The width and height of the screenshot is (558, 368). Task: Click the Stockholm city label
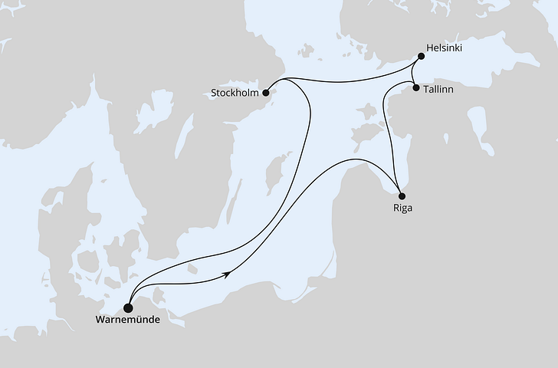(x=236, y=94)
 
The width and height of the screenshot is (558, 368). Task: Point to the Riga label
(x=401, y=207)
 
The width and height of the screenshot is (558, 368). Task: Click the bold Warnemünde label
(x=128, y=320)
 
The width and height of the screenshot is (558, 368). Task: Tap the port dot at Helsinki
(x=421, y=55)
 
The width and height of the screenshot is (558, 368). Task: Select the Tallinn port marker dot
(x=416, y=89)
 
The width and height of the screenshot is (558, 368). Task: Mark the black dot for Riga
(x=402, y=195)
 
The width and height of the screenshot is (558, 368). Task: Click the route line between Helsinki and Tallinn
(x=414, y=74)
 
